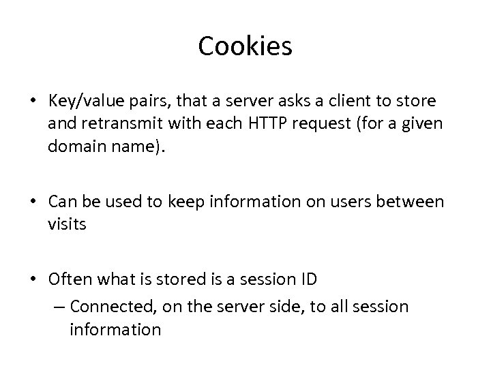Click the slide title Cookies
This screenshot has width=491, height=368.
(x=245, y=46)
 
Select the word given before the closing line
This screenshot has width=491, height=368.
(x=424, y=123)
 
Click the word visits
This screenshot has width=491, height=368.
(x=68, y=224)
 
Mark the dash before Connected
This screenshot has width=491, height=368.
(x=59, y=307)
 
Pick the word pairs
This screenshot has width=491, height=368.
(x=140, y=101)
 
